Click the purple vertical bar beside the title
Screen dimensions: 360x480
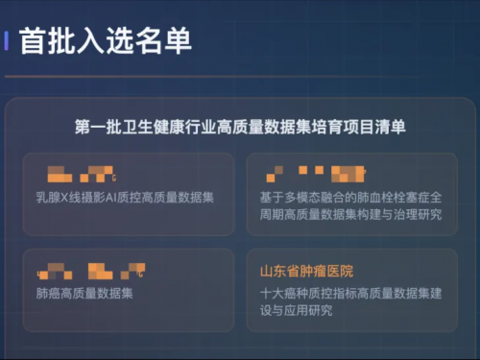8,40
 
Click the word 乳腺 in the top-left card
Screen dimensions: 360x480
46,197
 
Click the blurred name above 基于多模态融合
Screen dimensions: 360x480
317,174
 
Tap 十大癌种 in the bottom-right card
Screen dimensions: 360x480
284,293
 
